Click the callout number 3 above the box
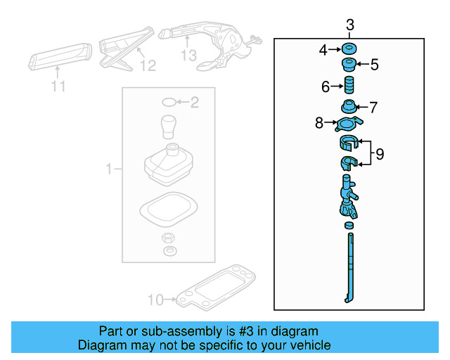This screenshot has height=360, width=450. [350, 27]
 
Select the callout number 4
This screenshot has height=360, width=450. [323, 50]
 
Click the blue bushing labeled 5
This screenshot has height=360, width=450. [347, 66]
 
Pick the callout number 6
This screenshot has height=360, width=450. [326, 87]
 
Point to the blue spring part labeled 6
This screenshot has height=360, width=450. [347, 87]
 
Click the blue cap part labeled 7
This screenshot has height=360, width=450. [347, 108]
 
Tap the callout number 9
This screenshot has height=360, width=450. [380, 154]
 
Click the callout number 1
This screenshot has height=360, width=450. [109, 169]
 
